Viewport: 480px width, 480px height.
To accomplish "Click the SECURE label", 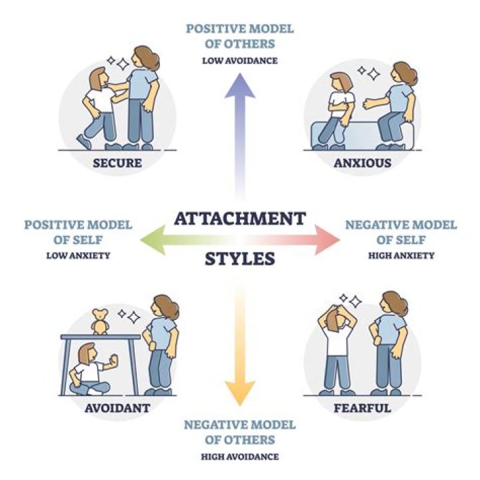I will [117, 162].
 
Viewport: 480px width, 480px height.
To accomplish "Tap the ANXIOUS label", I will [363, 162].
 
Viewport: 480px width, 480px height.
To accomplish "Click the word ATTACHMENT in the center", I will [240, 218].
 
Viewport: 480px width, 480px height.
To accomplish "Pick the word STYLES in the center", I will [240, 258].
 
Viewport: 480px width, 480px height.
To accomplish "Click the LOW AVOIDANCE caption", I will [240, 61].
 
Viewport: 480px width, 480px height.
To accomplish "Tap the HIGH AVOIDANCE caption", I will [240, 457].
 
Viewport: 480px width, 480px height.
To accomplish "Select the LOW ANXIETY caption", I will [78, 255].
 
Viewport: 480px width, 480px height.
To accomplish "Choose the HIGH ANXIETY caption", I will [401, 255].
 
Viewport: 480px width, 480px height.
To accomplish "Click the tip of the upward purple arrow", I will [240, 74].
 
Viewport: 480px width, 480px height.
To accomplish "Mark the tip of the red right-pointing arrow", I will [338, 237].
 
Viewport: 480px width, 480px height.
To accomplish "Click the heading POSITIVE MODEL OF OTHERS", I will [240, 37].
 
